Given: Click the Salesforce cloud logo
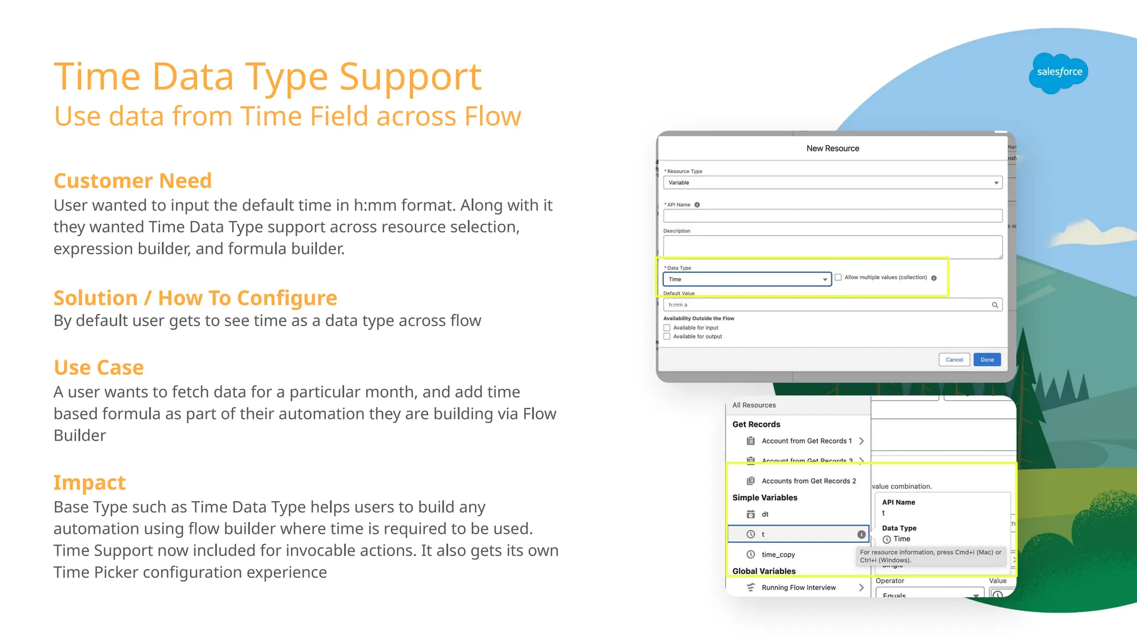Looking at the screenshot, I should [x=1058, y=73].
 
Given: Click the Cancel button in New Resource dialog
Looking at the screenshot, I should [x=954, y=359].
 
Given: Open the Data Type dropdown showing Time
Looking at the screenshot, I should [x=747, y=279].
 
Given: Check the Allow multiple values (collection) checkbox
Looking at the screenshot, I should [x=838, y=277].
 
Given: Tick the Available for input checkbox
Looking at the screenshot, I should [x=667, y=328].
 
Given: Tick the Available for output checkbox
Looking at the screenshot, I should [x=667, y=337].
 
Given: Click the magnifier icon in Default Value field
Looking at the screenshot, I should [x=995, y=305].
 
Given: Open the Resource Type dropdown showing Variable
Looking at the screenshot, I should [x=832, y=183].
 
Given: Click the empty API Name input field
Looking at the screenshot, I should [x=832, y=216].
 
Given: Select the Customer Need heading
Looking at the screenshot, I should [x=133, y=181].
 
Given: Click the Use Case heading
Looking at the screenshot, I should [x=99, y=368].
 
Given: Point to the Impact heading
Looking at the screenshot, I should [x=89, y=483].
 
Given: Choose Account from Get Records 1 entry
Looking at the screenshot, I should [x=806, y=441].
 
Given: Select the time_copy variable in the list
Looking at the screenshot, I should [x=778, y=554].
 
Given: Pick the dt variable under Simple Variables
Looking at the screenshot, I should [x=764, y=514].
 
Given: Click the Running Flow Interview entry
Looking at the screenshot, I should [x=798, y=588].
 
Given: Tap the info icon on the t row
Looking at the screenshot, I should [x=861, y=534].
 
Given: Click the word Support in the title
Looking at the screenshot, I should [x=410, y=77].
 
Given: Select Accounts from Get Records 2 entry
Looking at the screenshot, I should [x=808, y=481].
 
